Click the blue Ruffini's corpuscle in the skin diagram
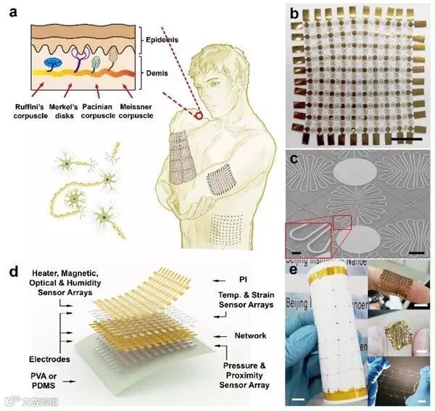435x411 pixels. tap(53, 64)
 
